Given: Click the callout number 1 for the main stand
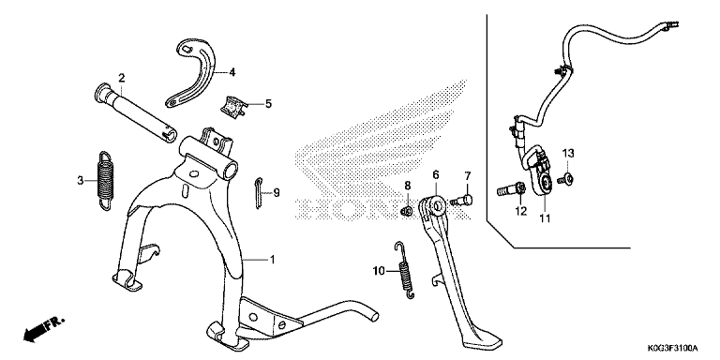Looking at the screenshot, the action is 272,260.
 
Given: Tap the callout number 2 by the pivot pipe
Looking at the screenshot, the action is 121,78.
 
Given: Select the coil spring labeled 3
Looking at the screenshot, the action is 105,181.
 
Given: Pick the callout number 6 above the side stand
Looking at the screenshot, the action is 436,174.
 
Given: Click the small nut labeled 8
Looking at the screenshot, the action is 405,211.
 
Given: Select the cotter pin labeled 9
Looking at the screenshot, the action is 259,192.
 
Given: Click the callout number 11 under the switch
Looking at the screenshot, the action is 545,218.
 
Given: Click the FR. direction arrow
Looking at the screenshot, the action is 44,330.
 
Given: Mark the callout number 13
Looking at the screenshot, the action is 568,153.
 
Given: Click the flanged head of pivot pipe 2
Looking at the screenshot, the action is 101,92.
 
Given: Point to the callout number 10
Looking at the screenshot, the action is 379,271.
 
